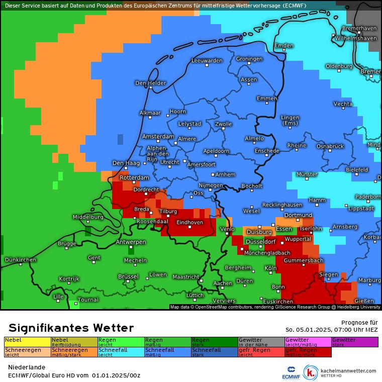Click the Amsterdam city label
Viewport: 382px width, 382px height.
[158, 137]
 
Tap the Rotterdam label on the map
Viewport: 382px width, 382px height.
[134, 178]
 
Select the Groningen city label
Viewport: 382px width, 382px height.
[249, 59]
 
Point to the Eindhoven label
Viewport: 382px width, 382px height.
[189, 222]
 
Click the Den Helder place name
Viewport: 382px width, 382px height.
[150, 83]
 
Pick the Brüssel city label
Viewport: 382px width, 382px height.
[128, 276]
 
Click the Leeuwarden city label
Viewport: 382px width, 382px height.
[207, 60]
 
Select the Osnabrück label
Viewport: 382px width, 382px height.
[330, 146]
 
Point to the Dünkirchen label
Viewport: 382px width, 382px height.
[20, 259]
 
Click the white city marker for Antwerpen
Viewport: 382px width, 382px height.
[131, 247]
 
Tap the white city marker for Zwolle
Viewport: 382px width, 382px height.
[223, 129]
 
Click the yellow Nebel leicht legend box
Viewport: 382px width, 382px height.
[27, 342]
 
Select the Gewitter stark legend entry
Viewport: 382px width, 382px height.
[354, 342]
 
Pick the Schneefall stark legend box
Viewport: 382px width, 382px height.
[214, 352]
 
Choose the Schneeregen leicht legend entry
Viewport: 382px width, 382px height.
[27, 352]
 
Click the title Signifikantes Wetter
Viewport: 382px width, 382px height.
[71, 328]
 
